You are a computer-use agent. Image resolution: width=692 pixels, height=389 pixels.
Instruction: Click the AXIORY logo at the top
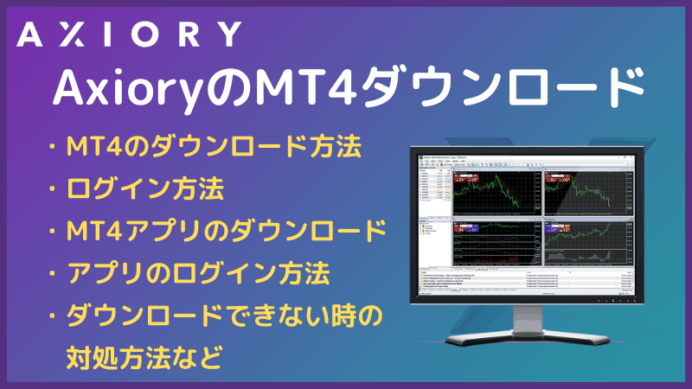[128, 35]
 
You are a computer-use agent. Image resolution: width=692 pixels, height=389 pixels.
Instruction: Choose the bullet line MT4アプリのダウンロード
[226, 232]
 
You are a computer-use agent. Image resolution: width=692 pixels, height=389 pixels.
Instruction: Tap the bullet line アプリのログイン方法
[198, 274]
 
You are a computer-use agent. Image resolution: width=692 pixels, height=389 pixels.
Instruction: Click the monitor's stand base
[528, 335]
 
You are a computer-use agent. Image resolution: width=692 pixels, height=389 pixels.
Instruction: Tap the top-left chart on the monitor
[490, 192]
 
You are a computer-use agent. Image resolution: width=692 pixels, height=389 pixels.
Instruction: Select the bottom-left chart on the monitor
[490, 246]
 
